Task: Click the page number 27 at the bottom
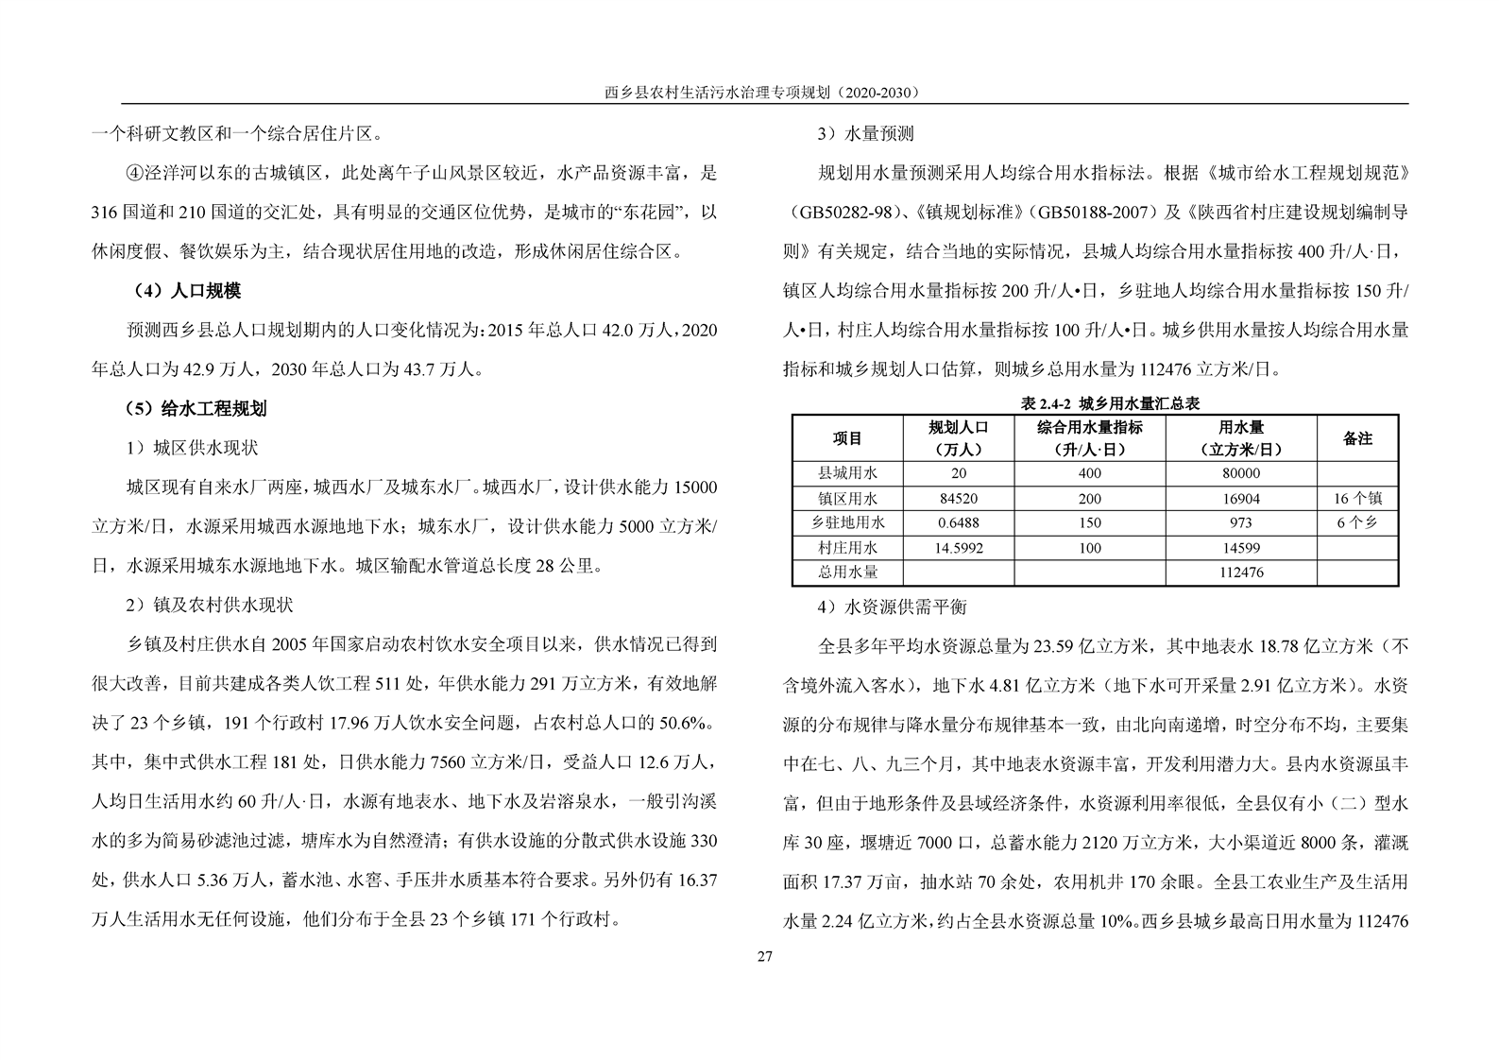[764, 957]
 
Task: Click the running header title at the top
[763, 93]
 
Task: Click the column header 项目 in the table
[847, 438]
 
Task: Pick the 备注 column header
[1356, 438]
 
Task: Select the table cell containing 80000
[1240, 473]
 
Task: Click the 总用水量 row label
[847, 572]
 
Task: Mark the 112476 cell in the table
[1240, 572]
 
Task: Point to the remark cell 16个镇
[1356, 498]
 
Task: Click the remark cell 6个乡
[1356, 522]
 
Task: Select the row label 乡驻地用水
[847, 522]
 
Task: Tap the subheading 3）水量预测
[865, 133]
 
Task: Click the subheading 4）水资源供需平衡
[892, 606]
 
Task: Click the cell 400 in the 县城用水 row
[1089, 473]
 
